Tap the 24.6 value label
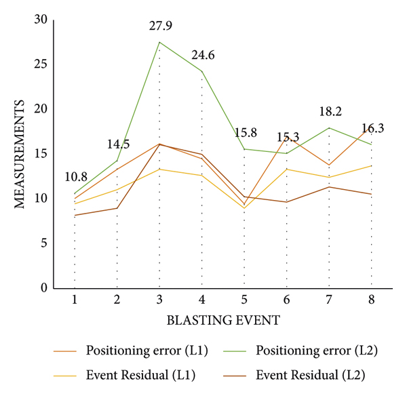point(201,56)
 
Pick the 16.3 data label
point(372,128)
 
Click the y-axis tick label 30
point(41,20)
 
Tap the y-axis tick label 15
point(41,154)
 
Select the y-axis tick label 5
point(45,243)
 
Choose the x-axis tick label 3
point(159,299)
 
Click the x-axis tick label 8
point(372,299)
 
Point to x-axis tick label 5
point(244,299)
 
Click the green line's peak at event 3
point(159,42)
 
